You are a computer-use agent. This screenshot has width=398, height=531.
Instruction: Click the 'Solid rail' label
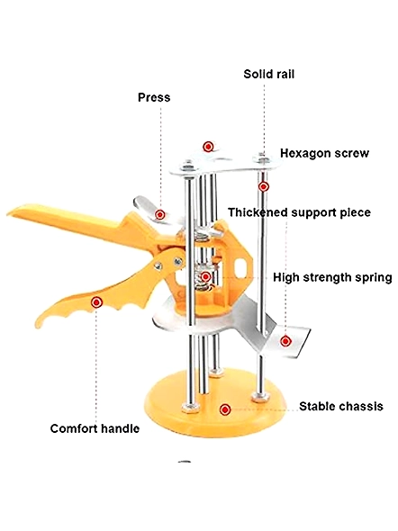[x=269, y=74]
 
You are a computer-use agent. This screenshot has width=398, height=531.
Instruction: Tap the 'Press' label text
[x=154, y=97]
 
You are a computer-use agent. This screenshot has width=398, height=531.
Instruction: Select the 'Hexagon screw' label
[x=324, y=153]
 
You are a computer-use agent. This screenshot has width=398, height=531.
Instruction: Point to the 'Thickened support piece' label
[x=299, y=212]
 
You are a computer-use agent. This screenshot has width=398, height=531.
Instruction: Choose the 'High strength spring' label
[x=332, y=277]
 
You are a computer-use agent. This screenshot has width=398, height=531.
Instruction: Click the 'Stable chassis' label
[x=340, y=406]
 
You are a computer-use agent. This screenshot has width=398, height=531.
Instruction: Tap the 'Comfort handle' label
[x=95, y=428]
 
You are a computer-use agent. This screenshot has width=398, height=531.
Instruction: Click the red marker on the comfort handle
[x=97, y=302]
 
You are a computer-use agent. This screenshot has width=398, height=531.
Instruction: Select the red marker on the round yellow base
[x=225, y=409]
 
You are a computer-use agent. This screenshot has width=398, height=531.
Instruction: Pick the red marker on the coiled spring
[x=205, y=276]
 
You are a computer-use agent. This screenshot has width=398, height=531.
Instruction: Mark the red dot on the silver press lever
[x=160, y=214]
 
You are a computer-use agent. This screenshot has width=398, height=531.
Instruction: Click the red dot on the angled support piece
[x=285, y=341]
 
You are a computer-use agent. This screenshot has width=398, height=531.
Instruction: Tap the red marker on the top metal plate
[x=208, y=147]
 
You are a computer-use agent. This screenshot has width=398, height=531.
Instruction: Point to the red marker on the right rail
[x=263, y=186]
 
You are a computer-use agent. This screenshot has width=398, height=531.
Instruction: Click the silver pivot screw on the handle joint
[x=177, y=261]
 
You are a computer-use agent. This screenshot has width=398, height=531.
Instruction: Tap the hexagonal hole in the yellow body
[x=242, y=267]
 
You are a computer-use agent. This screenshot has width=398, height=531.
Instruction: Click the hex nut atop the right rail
[x=262, y=158]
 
